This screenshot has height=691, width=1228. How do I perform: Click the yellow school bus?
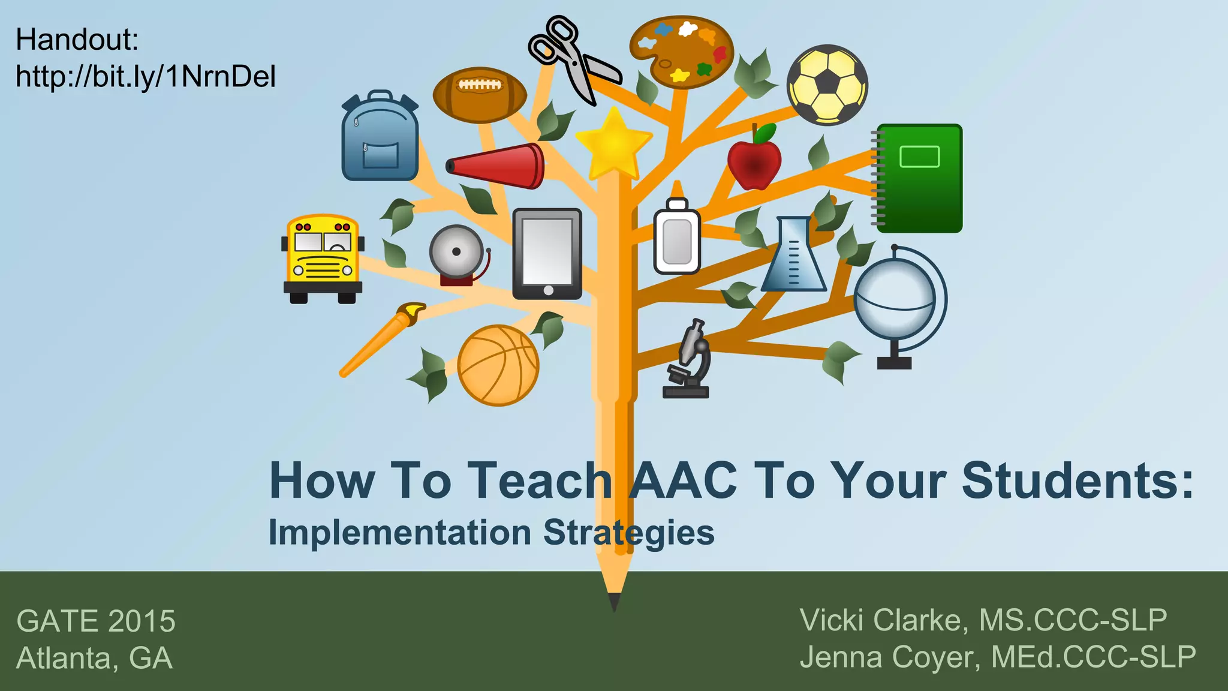(x=323, y=258)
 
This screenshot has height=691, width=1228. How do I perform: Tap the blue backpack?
(x=380, y=138)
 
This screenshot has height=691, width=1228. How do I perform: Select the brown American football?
(x=480, y=94)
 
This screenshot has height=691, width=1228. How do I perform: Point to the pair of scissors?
(x=570, y=57)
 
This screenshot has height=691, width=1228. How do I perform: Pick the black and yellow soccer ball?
(x=827, y=85)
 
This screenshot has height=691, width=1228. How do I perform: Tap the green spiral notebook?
(x=919, y=178)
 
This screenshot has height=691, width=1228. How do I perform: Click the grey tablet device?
(x=547, y=254)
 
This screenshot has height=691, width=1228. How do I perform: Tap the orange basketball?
(x=498, y=365)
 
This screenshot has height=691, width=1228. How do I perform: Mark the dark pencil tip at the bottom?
(x=614, y=601)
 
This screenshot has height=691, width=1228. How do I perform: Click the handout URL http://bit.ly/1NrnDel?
(x=146, y=77)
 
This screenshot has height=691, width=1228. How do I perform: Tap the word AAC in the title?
(x=684, y=480)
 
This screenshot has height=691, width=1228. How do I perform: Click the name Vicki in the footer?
(x=837, y=620)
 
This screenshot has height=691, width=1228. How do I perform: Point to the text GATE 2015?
(x=96, y=621)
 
